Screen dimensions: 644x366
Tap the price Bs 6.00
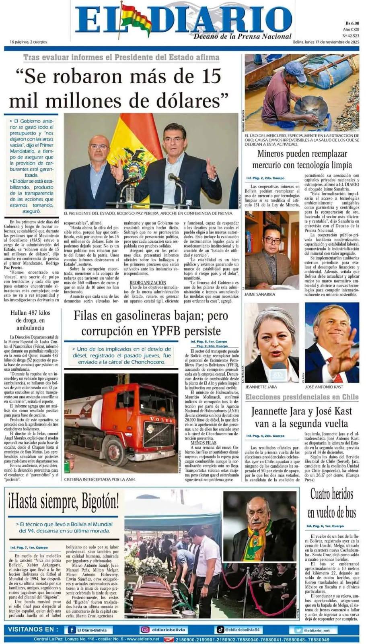[352, 23]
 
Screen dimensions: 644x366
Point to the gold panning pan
[311, 107]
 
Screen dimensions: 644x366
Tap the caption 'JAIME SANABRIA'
[260, 294]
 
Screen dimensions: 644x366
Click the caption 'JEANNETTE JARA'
[261, 387]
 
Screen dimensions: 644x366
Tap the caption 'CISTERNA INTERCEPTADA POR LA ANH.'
[100, 479]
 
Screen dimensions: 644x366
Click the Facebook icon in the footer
[72, 630]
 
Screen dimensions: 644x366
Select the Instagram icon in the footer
[145, 630]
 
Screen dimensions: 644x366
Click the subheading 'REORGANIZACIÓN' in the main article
[147, 283]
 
